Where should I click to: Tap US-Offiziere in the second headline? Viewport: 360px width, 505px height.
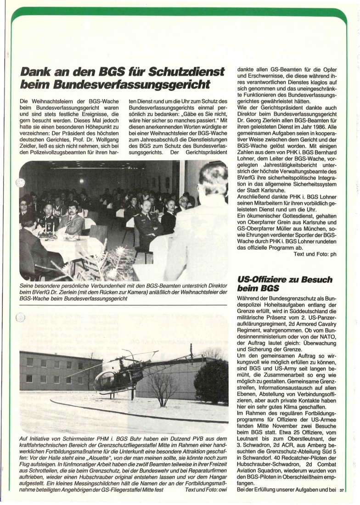point(262,280)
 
